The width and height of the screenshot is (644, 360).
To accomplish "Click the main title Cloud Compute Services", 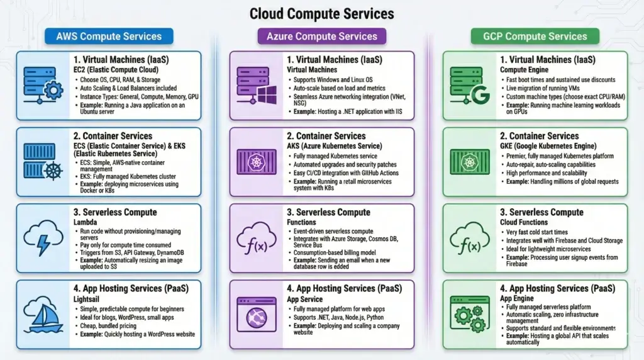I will tap(321, 13).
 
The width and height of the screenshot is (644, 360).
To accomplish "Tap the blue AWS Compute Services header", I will tap(109, 37).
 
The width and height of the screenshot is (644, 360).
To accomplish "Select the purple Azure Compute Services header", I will tap(321, 37).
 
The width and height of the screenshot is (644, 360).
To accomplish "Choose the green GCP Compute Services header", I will tap(535, 37).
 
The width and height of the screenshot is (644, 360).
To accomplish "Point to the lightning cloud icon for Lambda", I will tap(43, 237).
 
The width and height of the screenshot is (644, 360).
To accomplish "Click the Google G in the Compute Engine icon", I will tap(480, 97).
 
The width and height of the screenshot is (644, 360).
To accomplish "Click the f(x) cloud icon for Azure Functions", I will tap(256, 238).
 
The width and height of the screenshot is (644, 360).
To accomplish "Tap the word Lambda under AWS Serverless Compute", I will tap(86, 222).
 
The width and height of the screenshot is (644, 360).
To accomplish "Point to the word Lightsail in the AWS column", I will tap(89, 299).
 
